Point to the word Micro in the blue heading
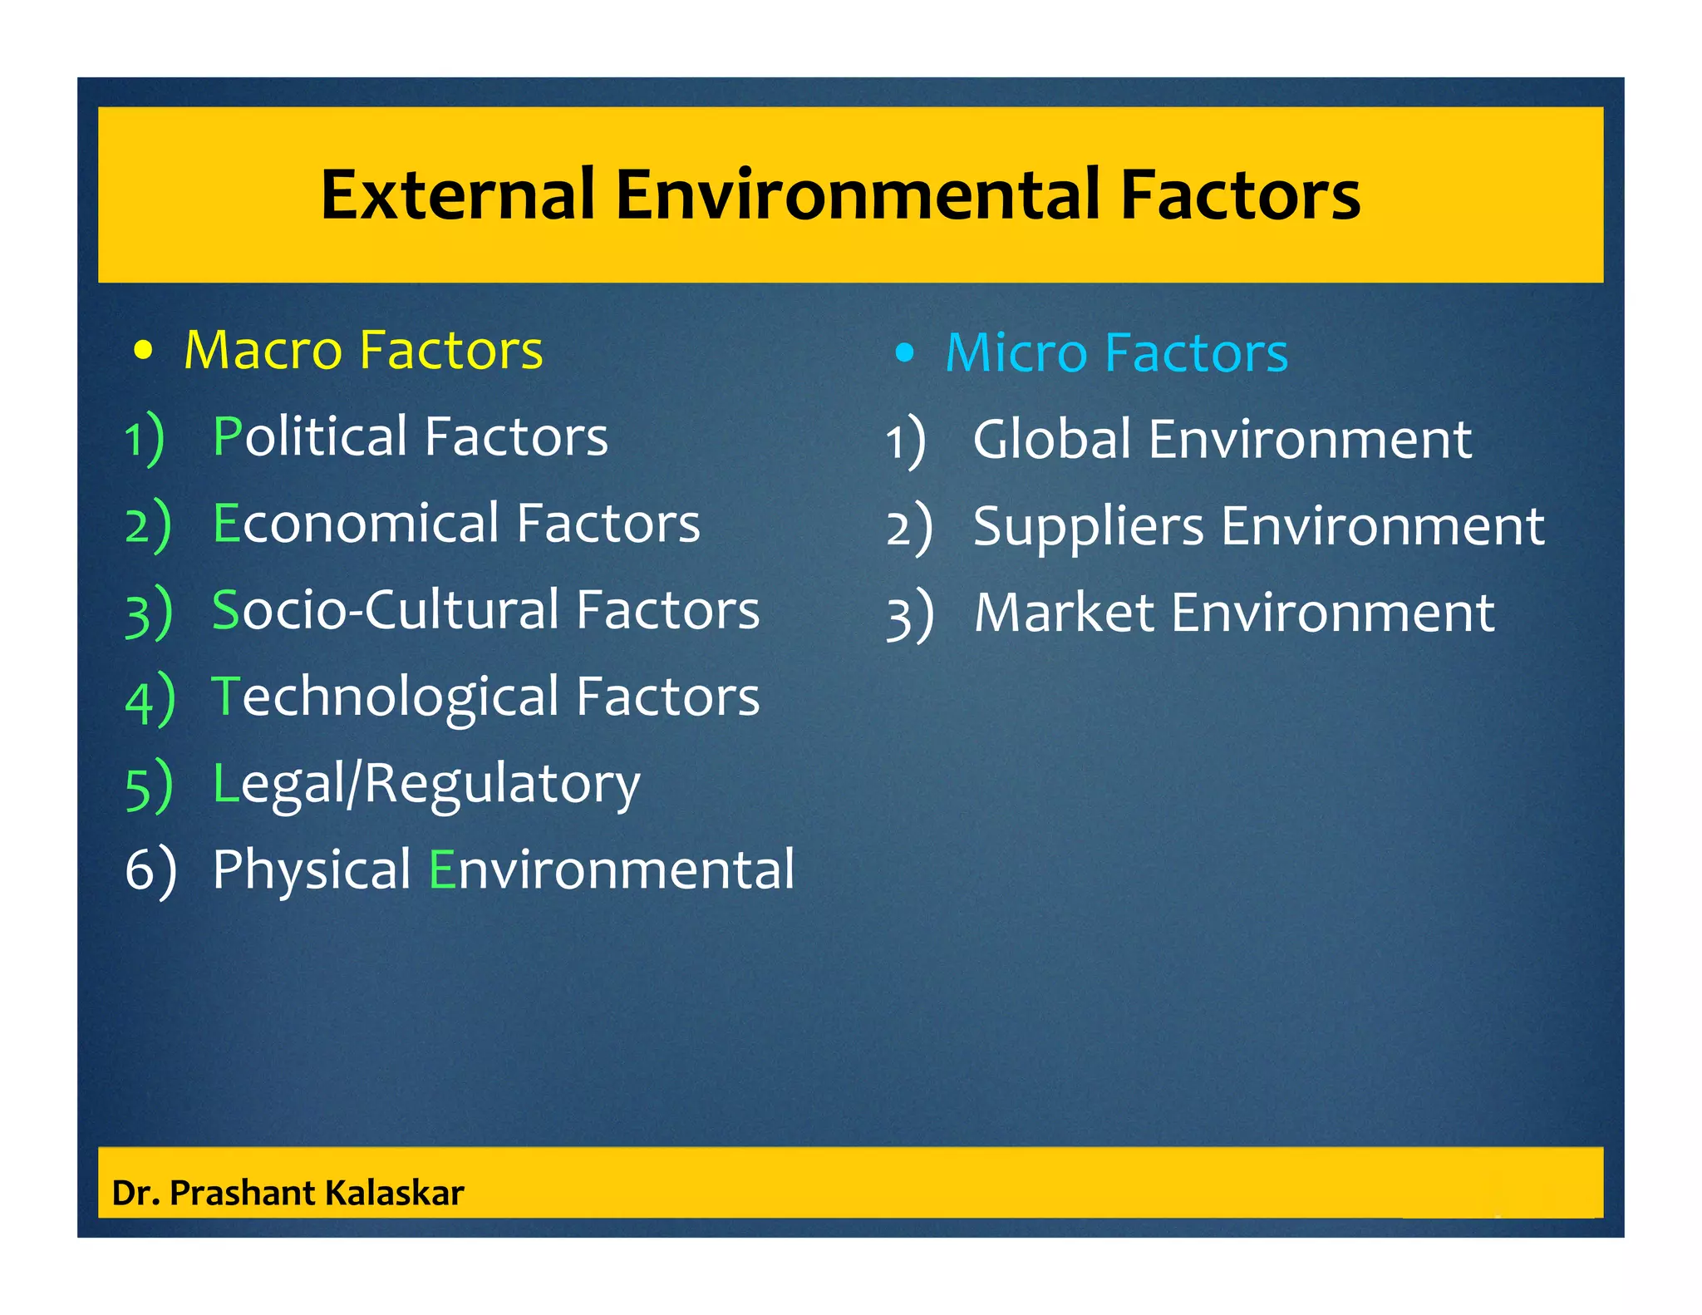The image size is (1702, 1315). pos(1016,353)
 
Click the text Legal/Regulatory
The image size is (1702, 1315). pos(426,785)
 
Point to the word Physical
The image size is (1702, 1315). pos(312,869)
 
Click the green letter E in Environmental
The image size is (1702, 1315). pos(441,870)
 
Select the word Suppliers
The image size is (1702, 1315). pos(1088,526)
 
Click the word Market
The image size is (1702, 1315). pos(1064,613)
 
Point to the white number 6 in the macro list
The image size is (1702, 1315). pos(138,870)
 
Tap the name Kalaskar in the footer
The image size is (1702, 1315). pos(394,1193)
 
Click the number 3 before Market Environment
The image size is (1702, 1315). pos(899,616)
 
